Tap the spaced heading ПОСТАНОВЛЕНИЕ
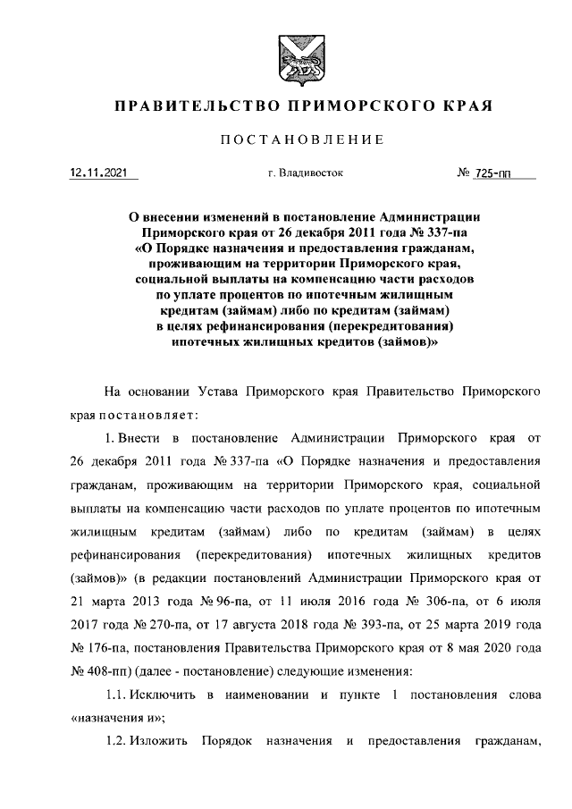pos(303,140)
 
